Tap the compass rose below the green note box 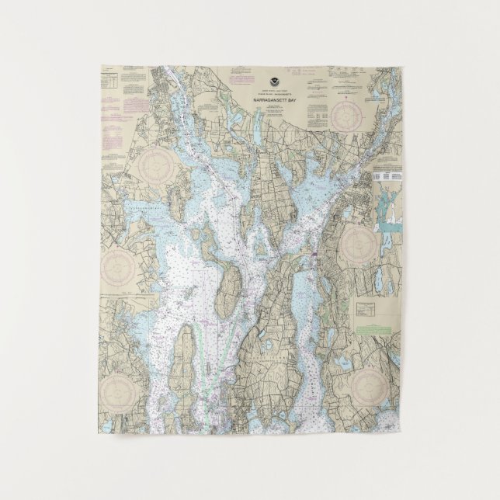tap(369, 384)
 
